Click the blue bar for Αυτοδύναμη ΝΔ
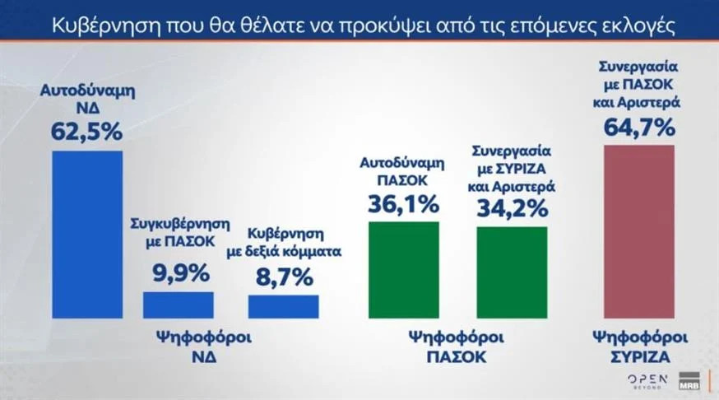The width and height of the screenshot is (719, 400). tap(87, 235)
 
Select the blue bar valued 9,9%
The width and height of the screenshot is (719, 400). tap(179, 305)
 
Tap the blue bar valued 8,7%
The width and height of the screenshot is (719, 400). tap(283, 306)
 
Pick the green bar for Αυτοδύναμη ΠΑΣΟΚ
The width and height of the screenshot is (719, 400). tap(404, 270)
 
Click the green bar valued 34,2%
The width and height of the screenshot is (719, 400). tap(512, 272)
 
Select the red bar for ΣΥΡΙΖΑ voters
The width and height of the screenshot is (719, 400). tap(639, 231)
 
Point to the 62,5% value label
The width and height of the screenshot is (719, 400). tap(86, 132)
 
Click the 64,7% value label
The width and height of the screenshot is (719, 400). tap(639, 127)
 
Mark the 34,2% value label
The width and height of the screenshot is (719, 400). tap(513, 208)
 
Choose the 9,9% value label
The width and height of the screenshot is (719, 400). tap(181, 273)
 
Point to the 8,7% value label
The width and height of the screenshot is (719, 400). tap(285, 277)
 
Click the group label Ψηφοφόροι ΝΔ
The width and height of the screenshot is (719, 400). tap(204, 347)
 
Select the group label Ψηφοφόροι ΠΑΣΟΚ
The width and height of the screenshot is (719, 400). tap(457, 347)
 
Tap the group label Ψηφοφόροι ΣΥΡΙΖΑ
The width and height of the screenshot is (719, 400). tap(641, 347)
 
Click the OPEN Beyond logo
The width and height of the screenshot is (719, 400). tap(647, 381)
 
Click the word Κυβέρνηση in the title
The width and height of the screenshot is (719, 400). tap(105, 26)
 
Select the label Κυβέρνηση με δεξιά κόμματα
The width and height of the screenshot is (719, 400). tap(284, 243)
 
